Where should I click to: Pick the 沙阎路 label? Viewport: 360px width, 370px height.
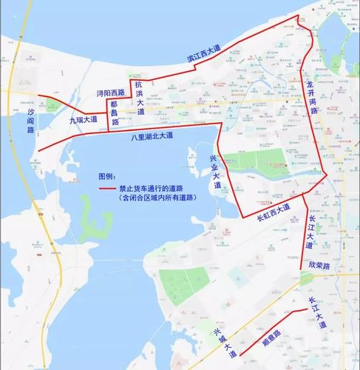pyautogui.click(x=31, y=119)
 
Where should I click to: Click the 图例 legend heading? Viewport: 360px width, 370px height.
pyautogui.click(x=107, y=178)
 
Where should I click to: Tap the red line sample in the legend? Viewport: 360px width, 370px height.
pyautogui.click(x=111, y=190)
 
